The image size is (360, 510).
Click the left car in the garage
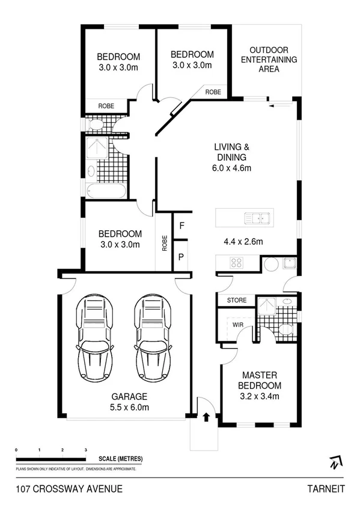coord(94,336)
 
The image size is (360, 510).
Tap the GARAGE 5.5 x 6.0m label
coord(130,402)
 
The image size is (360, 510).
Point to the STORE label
coord(236,300)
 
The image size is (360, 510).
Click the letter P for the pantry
coord(181,256)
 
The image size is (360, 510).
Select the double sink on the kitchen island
coord(260,217)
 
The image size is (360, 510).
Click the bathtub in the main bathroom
coord(106,192)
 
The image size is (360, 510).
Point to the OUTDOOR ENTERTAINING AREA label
coord(269,59)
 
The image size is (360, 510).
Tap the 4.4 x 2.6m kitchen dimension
coord(243,243)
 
